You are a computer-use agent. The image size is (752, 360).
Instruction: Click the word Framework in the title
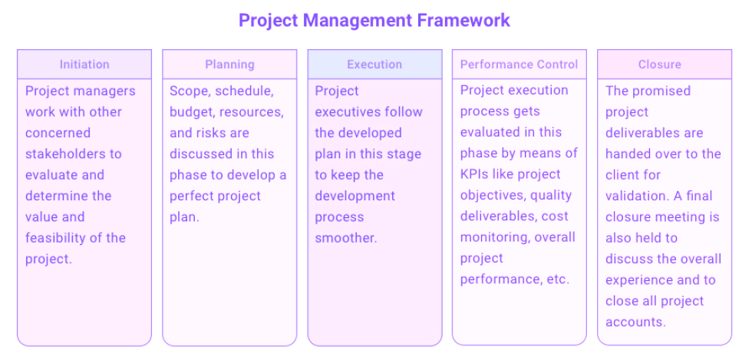coord(463,21)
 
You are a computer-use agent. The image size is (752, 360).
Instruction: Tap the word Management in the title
coord(358,21)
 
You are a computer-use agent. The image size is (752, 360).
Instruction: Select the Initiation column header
coord(84,64)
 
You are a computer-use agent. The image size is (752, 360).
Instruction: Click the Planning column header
coord(229,64)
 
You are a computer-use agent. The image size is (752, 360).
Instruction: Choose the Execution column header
coord(374,64)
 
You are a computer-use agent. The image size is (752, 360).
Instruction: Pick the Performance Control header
coord(519,64)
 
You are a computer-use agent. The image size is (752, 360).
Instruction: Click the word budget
coord(189,112)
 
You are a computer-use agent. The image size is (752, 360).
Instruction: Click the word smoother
coord(346,238)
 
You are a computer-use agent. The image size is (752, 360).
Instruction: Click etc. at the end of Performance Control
coord(558,279)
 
